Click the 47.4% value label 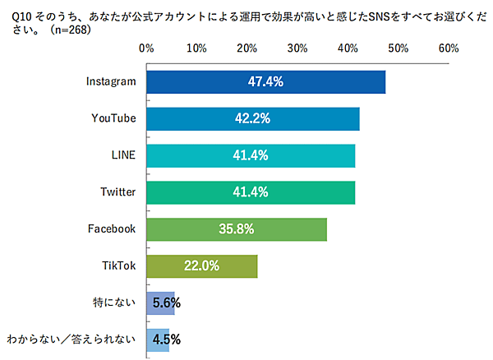coord(265,82)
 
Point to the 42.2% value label coord(253,118)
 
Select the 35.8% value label coord(237,229)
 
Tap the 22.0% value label coord(202,266)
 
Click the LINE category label coord(123,155)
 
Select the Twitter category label coord(118,192)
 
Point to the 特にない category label coord(115,303)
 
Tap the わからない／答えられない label coord(71,339)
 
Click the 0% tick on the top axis coord(146,48)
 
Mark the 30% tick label coord(297,48)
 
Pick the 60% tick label coord(449,48)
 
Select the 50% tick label coord(399,48)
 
